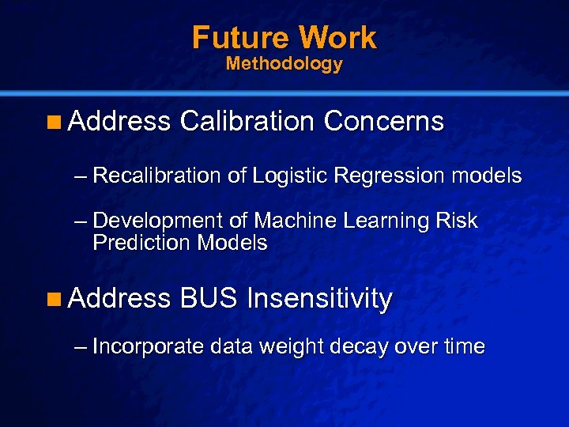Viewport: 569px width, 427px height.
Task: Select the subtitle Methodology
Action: tap(284, 64)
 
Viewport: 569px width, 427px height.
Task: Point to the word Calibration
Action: tap(247, 121)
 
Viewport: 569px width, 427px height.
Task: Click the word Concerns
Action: tap(383, 121)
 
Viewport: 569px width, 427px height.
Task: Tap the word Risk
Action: tap(458, 221)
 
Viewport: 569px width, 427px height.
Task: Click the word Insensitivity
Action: tap(319, 298)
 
